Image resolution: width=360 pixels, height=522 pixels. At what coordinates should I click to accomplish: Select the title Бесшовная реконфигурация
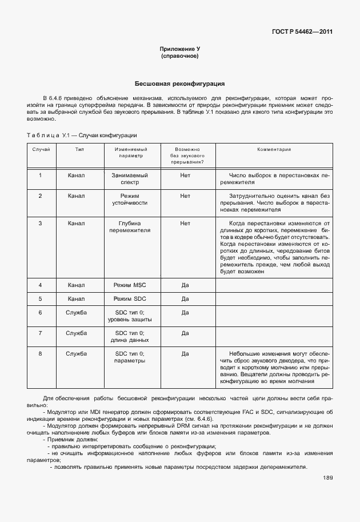click(179, 83)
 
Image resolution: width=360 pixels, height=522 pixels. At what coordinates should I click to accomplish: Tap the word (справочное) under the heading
click(179, 57)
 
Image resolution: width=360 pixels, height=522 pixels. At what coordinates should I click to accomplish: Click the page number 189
click(327, 478)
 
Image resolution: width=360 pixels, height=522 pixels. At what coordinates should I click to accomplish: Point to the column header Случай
click(40, 149)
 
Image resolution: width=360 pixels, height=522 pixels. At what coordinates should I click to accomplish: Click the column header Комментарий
click(274, 149)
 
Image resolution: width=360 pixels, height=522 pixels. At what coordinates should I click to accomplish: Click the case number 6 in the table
click(40, 313)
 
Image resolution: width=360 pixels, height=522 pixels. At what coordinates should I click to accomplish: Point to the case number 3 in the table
click(40, 224)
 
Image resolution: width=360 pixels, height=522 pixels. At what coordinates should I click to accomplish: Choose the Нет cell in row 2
click(185, 196)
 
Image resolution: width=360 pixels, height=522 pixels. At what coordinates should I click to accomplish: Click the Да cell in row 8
click(185, 354)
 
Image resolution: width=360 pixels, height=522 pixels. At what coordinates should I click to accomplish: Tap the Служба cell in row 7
click(76, 333)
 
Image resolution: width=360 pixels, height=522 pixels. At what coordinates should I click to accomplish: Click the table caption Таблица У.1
click(81, 135)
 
